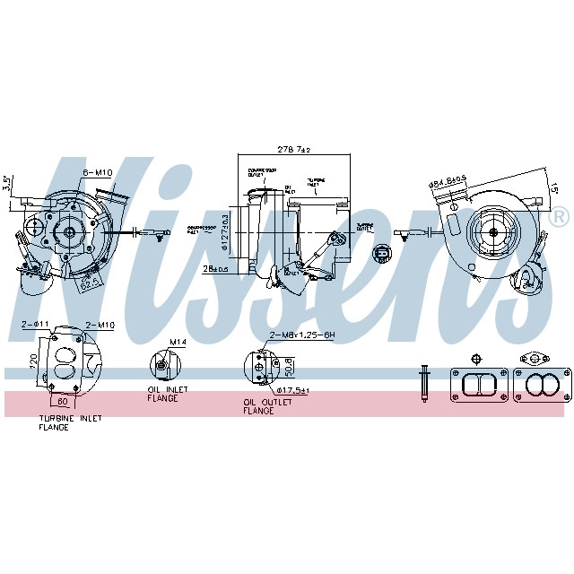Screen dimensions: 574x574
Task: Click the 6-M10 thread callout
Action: [97, 172]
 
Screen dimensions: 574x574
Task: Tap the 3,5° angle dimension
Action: [7, 184]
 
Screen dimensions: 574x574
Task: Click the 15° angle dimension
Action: [554, 189]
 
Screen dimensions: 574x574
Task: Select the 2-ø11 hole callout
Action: [34, 324]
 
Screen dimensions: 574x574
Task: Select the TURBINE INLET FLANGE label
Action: [69, 422]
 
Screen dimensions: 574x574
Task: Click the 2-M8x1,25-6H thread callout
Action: [301, 335]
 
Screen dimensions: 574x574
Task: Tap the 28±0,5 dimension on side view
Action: [216, 268]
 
